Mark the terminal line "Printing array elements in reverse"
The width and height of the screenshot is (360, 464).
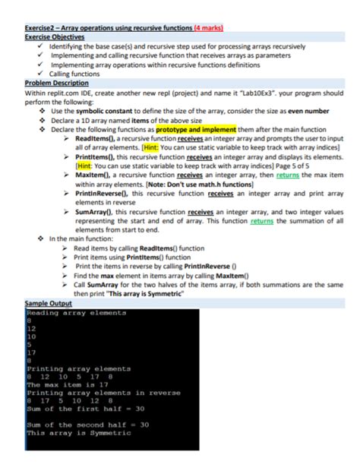tap(103, 393)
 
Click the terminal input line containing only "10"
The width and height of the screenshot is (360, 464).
tap(33, 336)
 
